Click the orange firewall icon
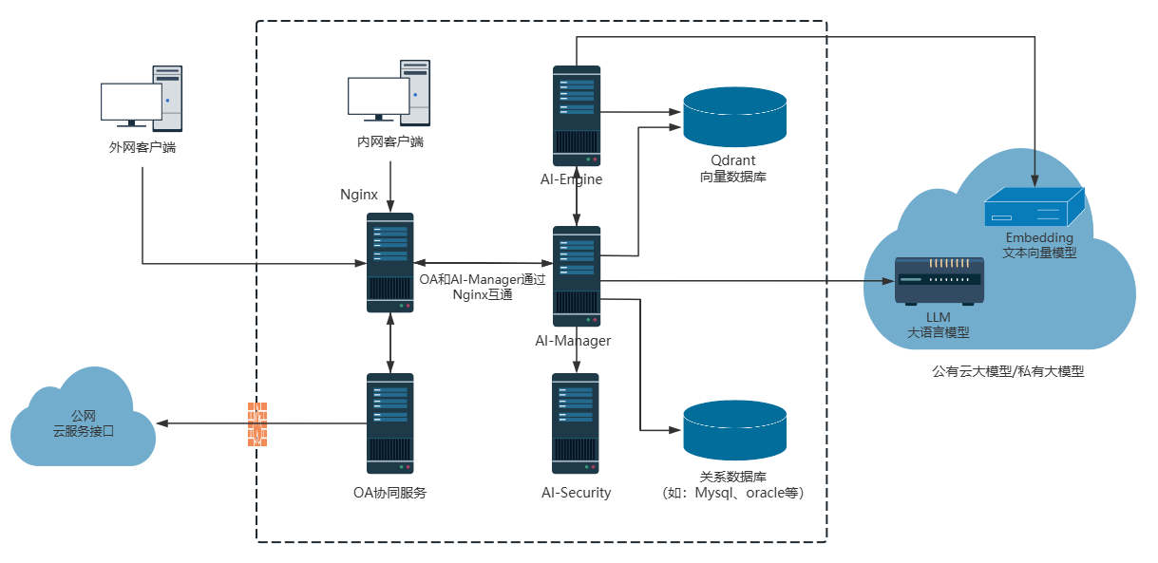(x=257, y=423)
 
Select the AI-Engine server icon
(x=577, y=116)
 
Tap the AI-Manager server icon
(x=577, y=276)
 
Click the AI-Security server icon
(x=577, y=423)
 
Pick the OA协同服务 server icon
(x=390, y=423)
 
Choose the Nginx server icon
(x=390, y=263)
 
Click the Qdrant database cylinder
(x=735, y=115)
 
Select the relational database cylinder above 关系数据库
(x=735, y=429)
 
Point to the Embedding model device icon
(x=1034, y=206)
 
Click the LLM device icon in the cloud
(x=939, y=280)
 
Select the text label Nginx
(x=359, y=195)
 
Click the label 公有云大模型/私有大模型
(x=1008, y=372)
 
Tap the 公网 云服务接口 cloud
(x=84, y=424)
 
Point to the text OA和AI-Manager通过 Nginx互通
(x=483, y=287)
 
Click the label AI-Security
(x=577, y=493)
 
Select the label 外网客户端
(x=142, y=147)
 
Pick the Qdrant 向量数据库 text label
(x=732, y=168)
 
